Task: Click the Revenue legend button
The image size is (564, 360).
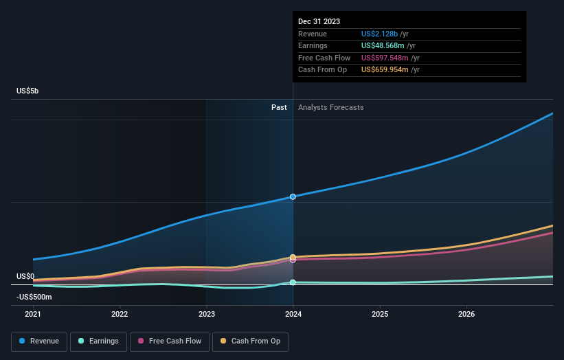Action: [x=39, y=341]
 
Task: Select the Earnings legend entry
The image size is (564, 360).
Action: [x=98, y=341]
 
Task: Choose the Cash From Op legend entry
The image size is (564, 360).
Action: [x=250, y=341]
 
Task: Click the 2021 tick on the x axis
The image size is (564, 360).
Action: [x=33, y=315]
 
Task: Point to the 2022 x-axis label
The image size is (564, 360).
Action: [x=120, y=315]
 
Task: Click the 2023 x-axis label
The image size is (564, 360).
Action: [x=206, y=315]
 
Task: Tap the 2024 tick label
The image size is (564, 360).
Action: [x=293, y=315]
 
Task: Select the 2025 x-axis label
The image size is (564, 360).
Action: [x=380, y=315]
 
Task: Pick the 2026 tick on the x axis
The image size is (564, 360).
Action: [x=466, y=315]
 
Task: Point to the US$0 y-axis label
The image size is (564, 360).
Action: [x=26, y=276]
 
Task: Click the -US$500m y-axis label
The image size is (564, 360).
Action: [x=34, y=297]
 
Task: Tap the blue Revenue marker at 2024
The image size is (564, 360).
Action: [x=293, y=196]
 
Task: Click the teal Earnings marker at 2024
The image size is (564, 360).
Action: [x=293, y=282]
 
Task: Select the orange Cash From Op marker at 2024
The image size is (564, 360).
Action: [x=293, y=257]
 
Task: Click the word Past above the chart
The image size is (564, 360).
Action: [x=279, y=107]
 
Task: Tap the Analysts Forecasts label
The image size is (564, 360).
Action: [x=330, y=107]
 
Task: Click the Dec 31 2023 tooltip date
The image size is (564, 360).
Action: [x=319, y=22]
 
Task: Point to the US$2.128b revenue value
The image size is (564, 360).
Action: [x=379, y=34]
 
